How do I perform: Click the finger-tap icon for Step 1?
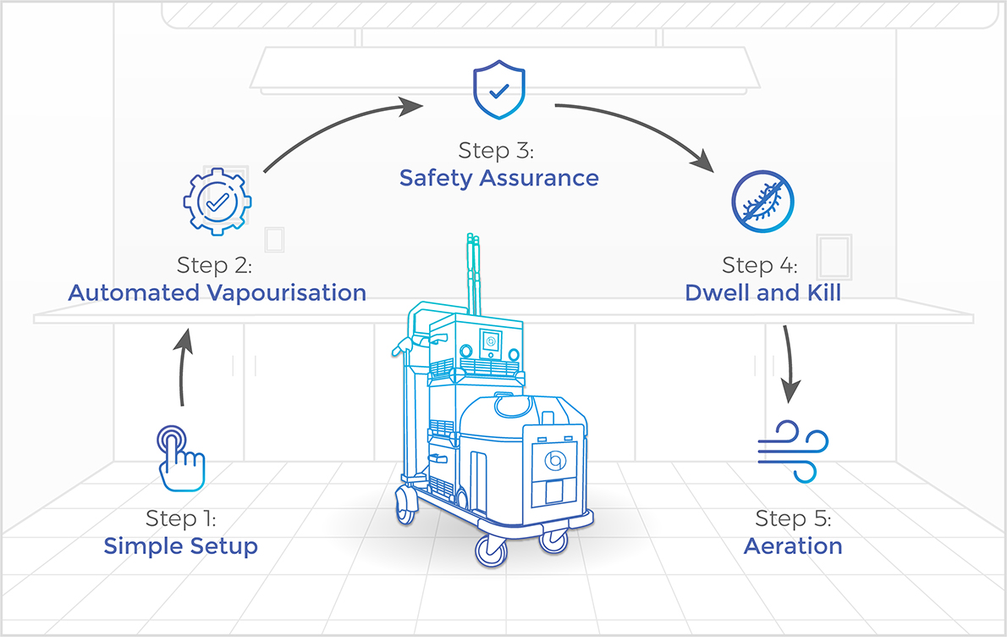coord(181,458)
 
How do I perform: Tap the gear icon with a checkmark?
coord(217,202)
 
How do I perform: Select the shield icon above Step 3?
coord(499,89)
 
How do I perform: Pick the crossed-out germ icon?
coord(763,202)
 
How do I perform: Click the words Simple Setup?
coord(180,546)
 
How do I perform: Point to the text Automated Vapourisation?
coord(217,292)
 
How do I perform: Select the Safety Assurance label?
coord(499,178)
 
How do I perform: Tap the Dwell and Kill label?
coord(763,292)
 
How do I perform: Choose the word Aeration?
coord(793,546)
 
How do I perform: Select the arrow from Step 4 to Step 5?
coord(790,363)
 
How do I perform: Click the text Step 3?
coord(496,151)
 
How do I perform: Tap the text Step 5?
coord(793,518)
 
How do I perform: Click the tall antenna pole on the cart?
coord(474,274)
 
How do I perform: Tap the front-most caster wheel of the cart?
coord(492,551)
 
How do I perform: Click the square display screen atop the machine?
coord(491,341)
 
